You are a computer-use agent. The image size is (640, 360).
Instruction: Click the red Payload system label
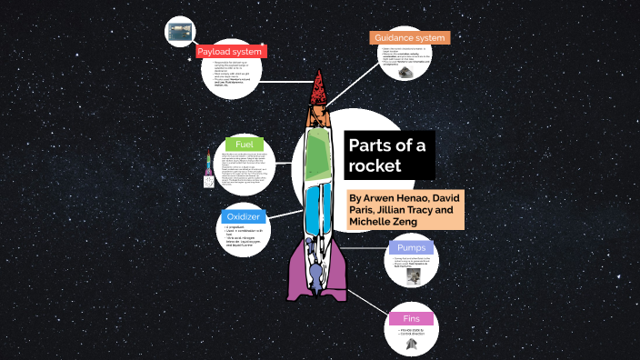pyautogui.click(x=230, y=52)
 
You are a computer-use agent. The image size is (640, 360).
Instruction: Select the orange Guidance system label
pyautogui.click(x=410, y=37)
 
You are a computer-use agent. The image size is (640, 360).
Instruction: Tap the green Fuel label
pyautogui.click(x=244, y=145)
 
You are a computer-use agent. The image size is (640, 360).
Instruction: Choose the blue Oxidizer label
pyautogui.click(x=243, y=217)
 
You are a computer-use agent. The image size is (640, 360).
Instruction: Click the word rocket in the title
pyautogui.click(x=377, y=165)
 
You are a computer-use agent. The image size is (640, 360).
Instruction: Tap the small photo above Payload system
pyautogui.click(x=178, y=31)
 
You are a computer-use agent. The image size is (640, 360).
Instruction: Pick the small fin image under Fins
pyautogui.click(x=412, y=343)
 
